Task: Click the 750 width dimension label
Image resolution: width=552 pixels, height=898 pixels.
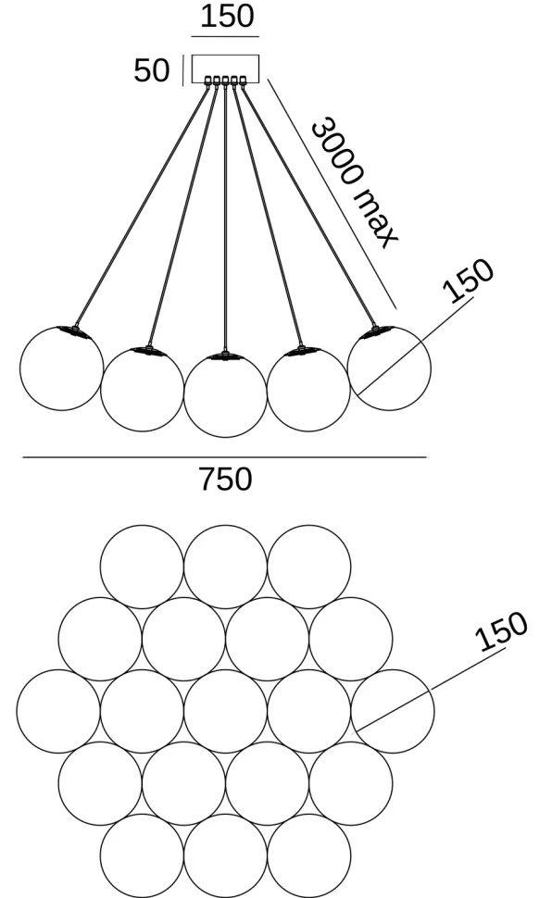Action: point(225,480)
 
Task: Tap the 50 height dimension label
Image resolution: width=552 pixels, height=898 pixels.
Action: point(151,70)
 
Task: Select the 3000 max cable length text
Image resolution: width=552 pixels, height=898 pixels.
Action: point(354,182)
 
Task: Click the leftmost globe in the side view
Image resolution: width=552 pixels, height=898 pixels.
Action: point(20,368)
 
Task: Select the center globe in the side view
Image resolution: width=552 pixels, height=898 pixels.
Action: point(184,395)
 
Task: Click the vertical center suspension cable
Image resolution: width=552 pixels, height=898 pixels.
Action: point(225,218)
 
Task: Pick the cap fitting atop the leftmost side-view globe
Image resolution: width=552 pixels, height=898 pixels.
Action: point(76,331)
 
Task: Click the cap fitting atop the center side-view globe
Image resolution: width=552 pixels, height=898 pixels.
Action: point(225,356)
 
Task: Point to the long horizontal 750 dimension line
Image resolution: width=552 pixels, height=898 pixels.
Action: point(225,457)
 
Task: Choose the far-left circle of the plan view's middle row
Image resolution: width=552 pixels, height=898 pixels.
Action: point(18,711)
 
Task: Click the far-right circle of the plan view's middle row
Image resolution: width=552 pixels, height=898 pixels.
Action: point(434,711)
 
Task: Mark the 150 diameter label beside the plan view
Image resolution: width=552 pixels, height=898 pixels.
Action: point(501,631)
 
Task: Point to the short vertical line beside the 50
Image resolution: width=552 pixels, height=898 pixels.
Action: point(182,70)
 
